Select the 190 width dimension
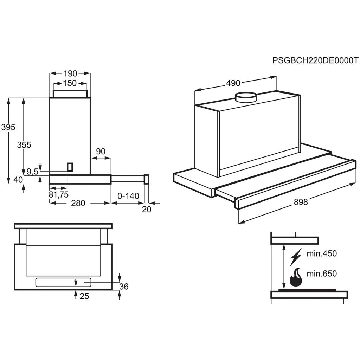70,73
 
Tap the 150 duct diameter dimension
70,83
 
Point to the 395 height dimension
8,127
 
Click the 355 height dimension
24,144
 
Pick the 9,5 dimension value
32,172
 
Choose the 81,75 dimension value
59,194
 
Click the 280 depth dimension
78,203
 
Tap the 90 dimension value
101,152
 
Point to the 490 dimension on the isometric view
233,83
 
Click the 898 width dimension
301,202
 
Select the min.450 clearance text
321,254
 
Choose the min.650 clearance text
321,274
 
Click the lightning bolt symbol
295,257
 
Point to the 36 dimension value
124,287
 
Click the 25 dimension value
84,296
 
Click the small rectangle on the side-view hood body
70,167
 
